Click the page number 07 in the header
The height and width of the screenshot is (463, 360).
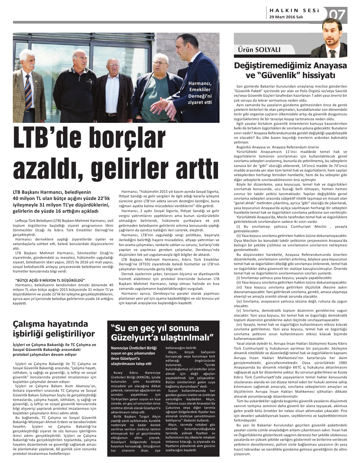pos(336,14)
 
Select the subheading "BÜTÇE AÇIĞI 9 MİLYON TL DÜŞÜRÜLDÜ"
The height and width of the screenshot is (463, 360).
pos(50,280)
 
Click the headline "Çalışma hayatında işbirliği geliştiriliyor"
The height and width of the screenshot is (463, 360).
pos(54,329)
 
